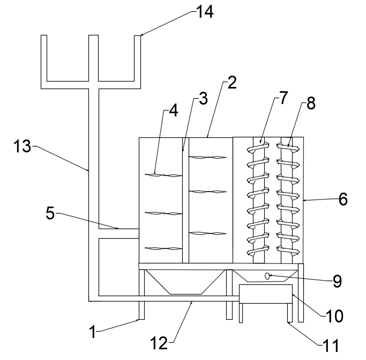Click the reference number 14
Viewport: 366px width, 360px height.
click(x=205, y=12)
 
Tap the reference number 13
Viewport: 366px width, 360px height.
click(x=22, y=146)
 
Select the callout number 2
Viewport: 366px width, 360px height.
click(x=232, y=83)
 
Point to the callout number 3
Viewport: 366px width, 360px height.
click(x=203, y=98)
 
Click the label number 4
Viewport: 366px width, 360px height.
click(x=173, y=111)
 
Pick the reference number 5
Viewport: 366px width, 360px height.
click(x=50, y=213)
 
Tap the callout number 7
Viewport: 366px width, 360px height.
click(x=283, y=98)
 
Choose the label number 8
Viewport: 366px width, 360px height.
click(x=311, y=103)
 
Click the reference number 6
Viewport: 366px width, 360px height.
click(x=343, y=199)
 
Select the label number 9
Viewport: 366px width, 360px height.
click(x=337, y=281)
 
